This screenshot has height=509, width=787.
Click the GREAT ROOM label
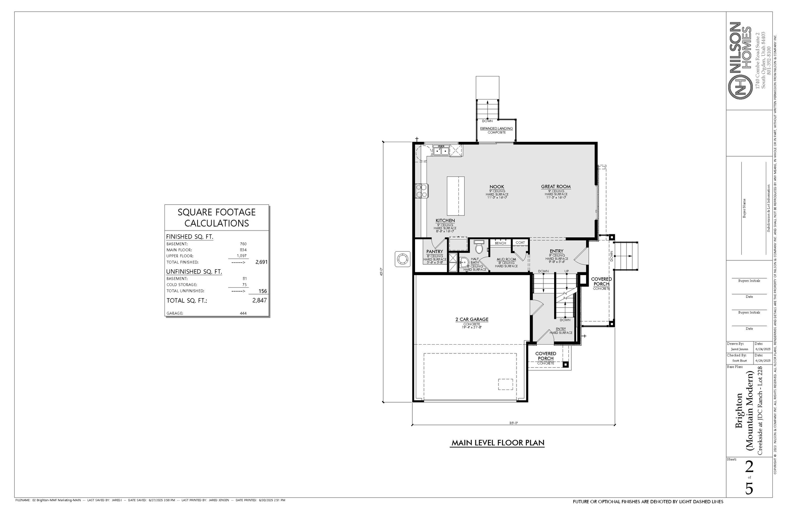point(556,187)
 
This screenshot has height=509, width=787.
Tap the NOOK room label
point(496,187)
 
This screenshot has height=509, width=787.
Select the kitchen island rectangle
point(456,196)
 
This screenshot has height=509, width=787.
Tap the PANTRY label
point(435,252)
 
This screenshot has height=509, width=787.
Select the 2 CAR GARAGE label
point(472,319)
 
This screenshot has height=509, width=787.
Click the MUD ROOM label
point(506,259)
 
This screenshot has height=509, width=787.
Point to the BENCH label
point(500,243)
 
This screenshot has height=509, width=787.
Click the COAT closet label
point(520,243)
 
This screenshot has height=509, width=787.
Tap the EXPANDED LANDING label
point(496,128)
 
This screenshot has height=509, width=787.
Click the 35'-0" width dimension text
point(513,423)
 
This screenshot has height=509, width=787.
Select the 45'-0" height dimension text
point(381,272)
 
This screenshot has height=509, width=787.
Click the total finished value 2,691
point(261,262)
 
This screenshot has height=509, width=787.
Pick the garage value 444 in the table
point(243,313)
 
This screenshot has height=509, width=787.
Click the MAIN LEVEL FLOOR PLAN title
point(498,443)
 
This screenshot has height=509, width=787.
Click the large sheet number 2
point(749,467)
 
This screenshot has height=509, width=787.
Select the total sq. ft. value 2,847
point(259,300)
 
